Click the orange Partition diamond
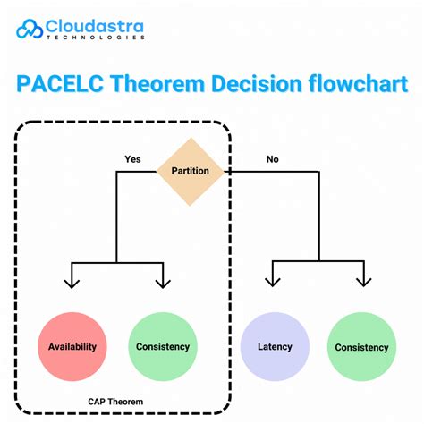pos(190,170)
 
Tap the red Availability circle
pos(73,347)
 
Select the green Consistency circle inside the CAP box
pos(163,347)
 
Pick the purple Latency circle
pos(275,347)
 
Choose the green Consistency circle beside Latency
pos(361,347)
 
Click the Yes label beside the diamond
pos(133,159)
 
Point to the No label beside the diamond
pos(272,159)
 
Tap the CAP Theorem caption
pos(115,402)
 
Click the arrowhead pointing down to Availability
pos(71,284)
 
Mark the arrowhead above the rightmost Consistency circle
pos(363,284)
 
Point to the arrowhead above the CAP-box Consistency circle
pos(163,284)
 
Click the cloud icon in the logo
pos(31,30)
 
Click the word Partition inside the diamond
pos(190,170)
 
